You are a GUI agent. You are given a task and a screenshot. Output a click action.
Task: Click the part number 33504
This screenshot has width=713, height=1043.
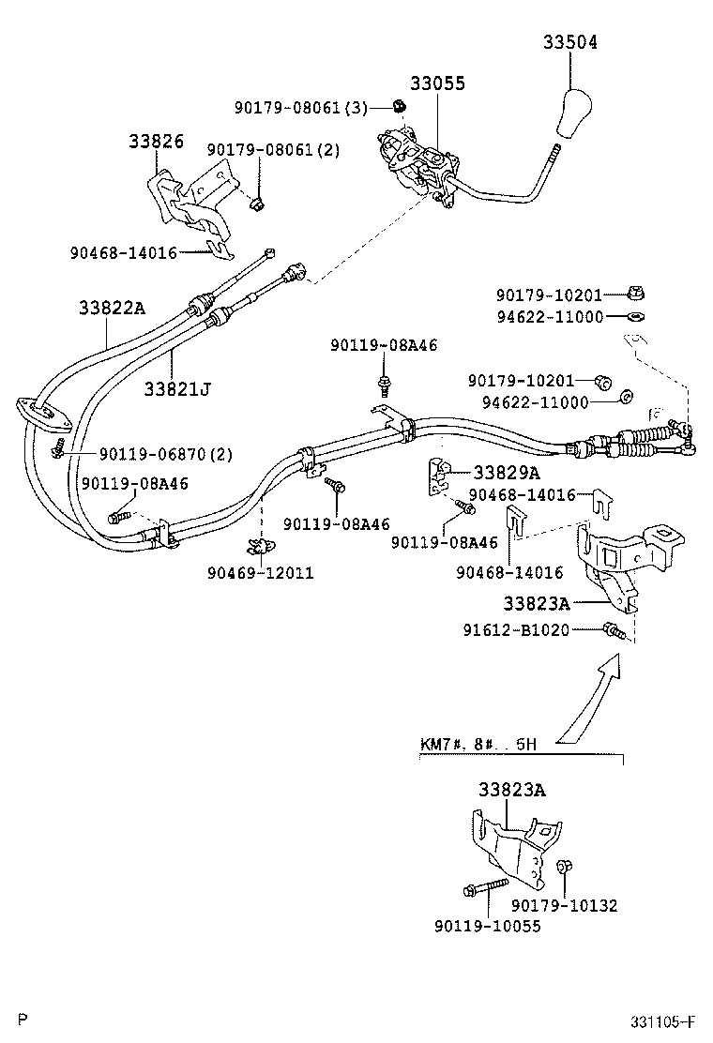click(569, 43)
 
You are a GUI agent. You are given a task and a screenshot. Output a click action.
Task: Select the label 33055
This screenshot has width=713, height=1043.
click(437, 83)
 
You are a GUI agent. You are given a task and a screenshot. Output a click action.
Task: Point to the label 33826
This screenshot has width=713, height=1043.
click(156, 141)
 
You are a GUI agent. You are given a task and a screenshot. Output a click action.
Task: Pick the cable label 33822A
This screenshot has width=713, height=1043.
click(112, 309)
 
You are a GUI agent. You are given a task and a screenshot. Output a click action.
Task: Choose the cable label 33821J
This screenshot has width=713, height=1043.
click(176, 386)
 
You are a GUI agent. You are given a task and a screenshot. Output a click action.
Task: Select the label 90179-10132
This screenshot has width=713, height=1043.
click(564, 905)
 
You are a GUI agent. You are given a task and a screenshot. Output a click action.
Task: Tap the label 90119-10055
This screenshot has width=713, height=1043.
click(487, 926)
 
